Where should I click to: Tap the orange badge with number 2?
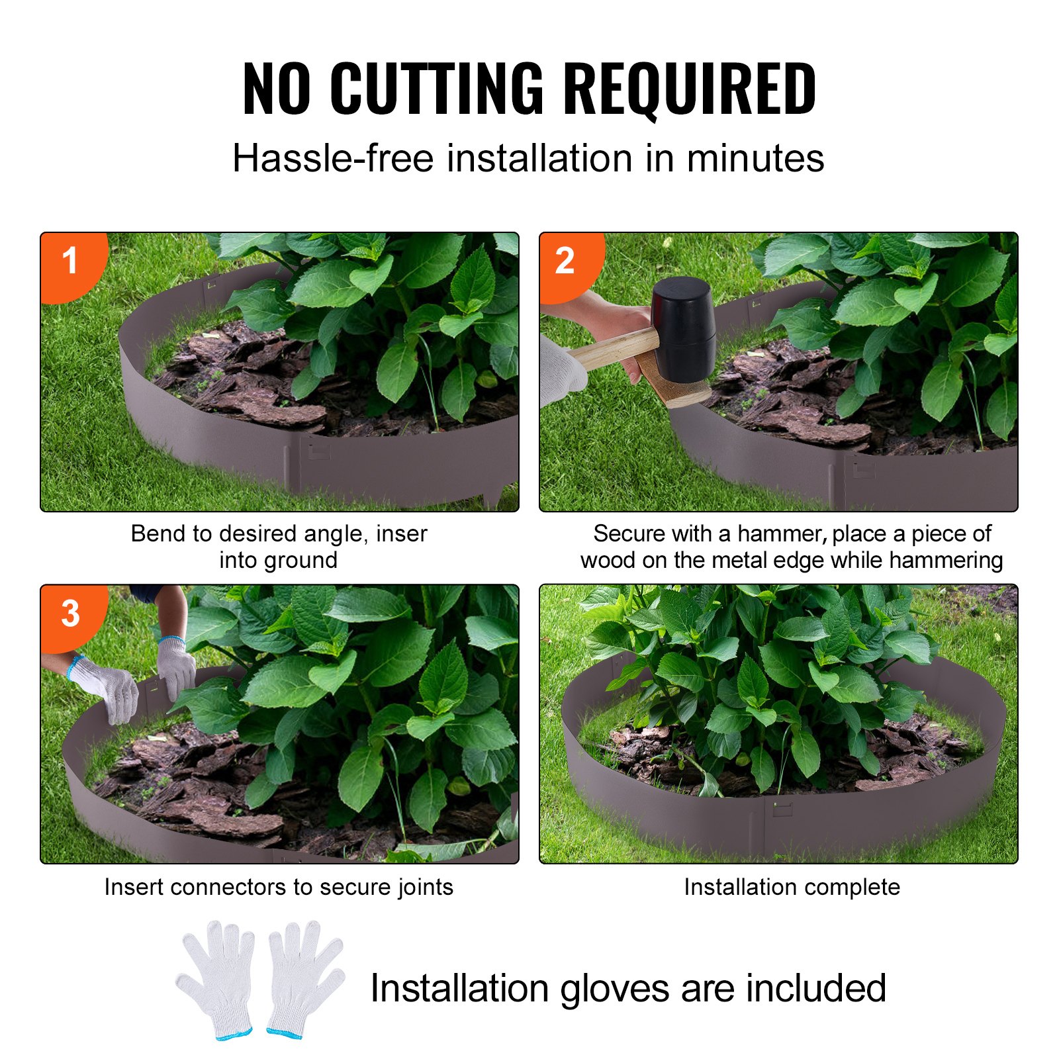click(565, 261)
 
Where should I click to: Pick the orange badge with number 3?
click(70, 614)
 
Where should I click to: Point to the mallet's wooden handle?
click(612, 348)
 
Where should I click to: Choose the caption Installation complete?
click(792, 887)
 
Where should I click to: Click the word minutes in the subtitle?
click(755, 159)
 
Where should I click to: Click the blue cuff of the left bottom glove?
click(234, 1033)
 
